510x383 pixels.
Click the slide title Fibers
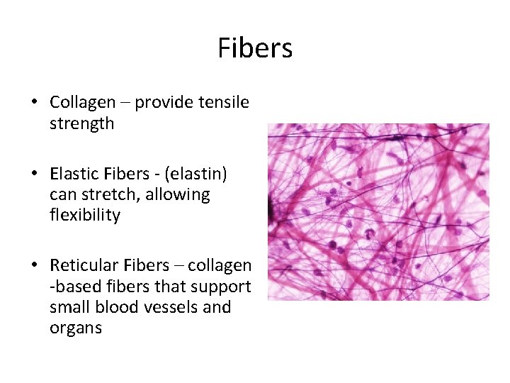[255, 48]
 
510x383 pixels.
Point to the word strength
[81, 123]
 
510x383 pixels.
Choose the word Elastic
[73, 174]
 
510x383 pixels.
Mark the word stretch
[103, 194]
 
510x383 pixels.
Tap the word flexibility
[85, 215]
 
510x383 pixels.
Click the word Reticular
[81, 265]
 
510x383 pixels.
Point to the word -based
[72, 287]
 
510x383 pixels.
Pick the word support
[222, 287]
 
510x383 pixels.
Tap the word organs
[76, 328]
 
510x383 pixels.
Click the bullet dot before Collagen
[34, 103]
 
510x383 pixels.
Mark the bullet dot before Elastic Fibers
[34, 174]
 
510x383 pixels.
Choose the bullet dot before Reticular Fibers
[34, 266]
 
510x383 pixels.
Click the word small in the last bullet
[70, 307]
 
